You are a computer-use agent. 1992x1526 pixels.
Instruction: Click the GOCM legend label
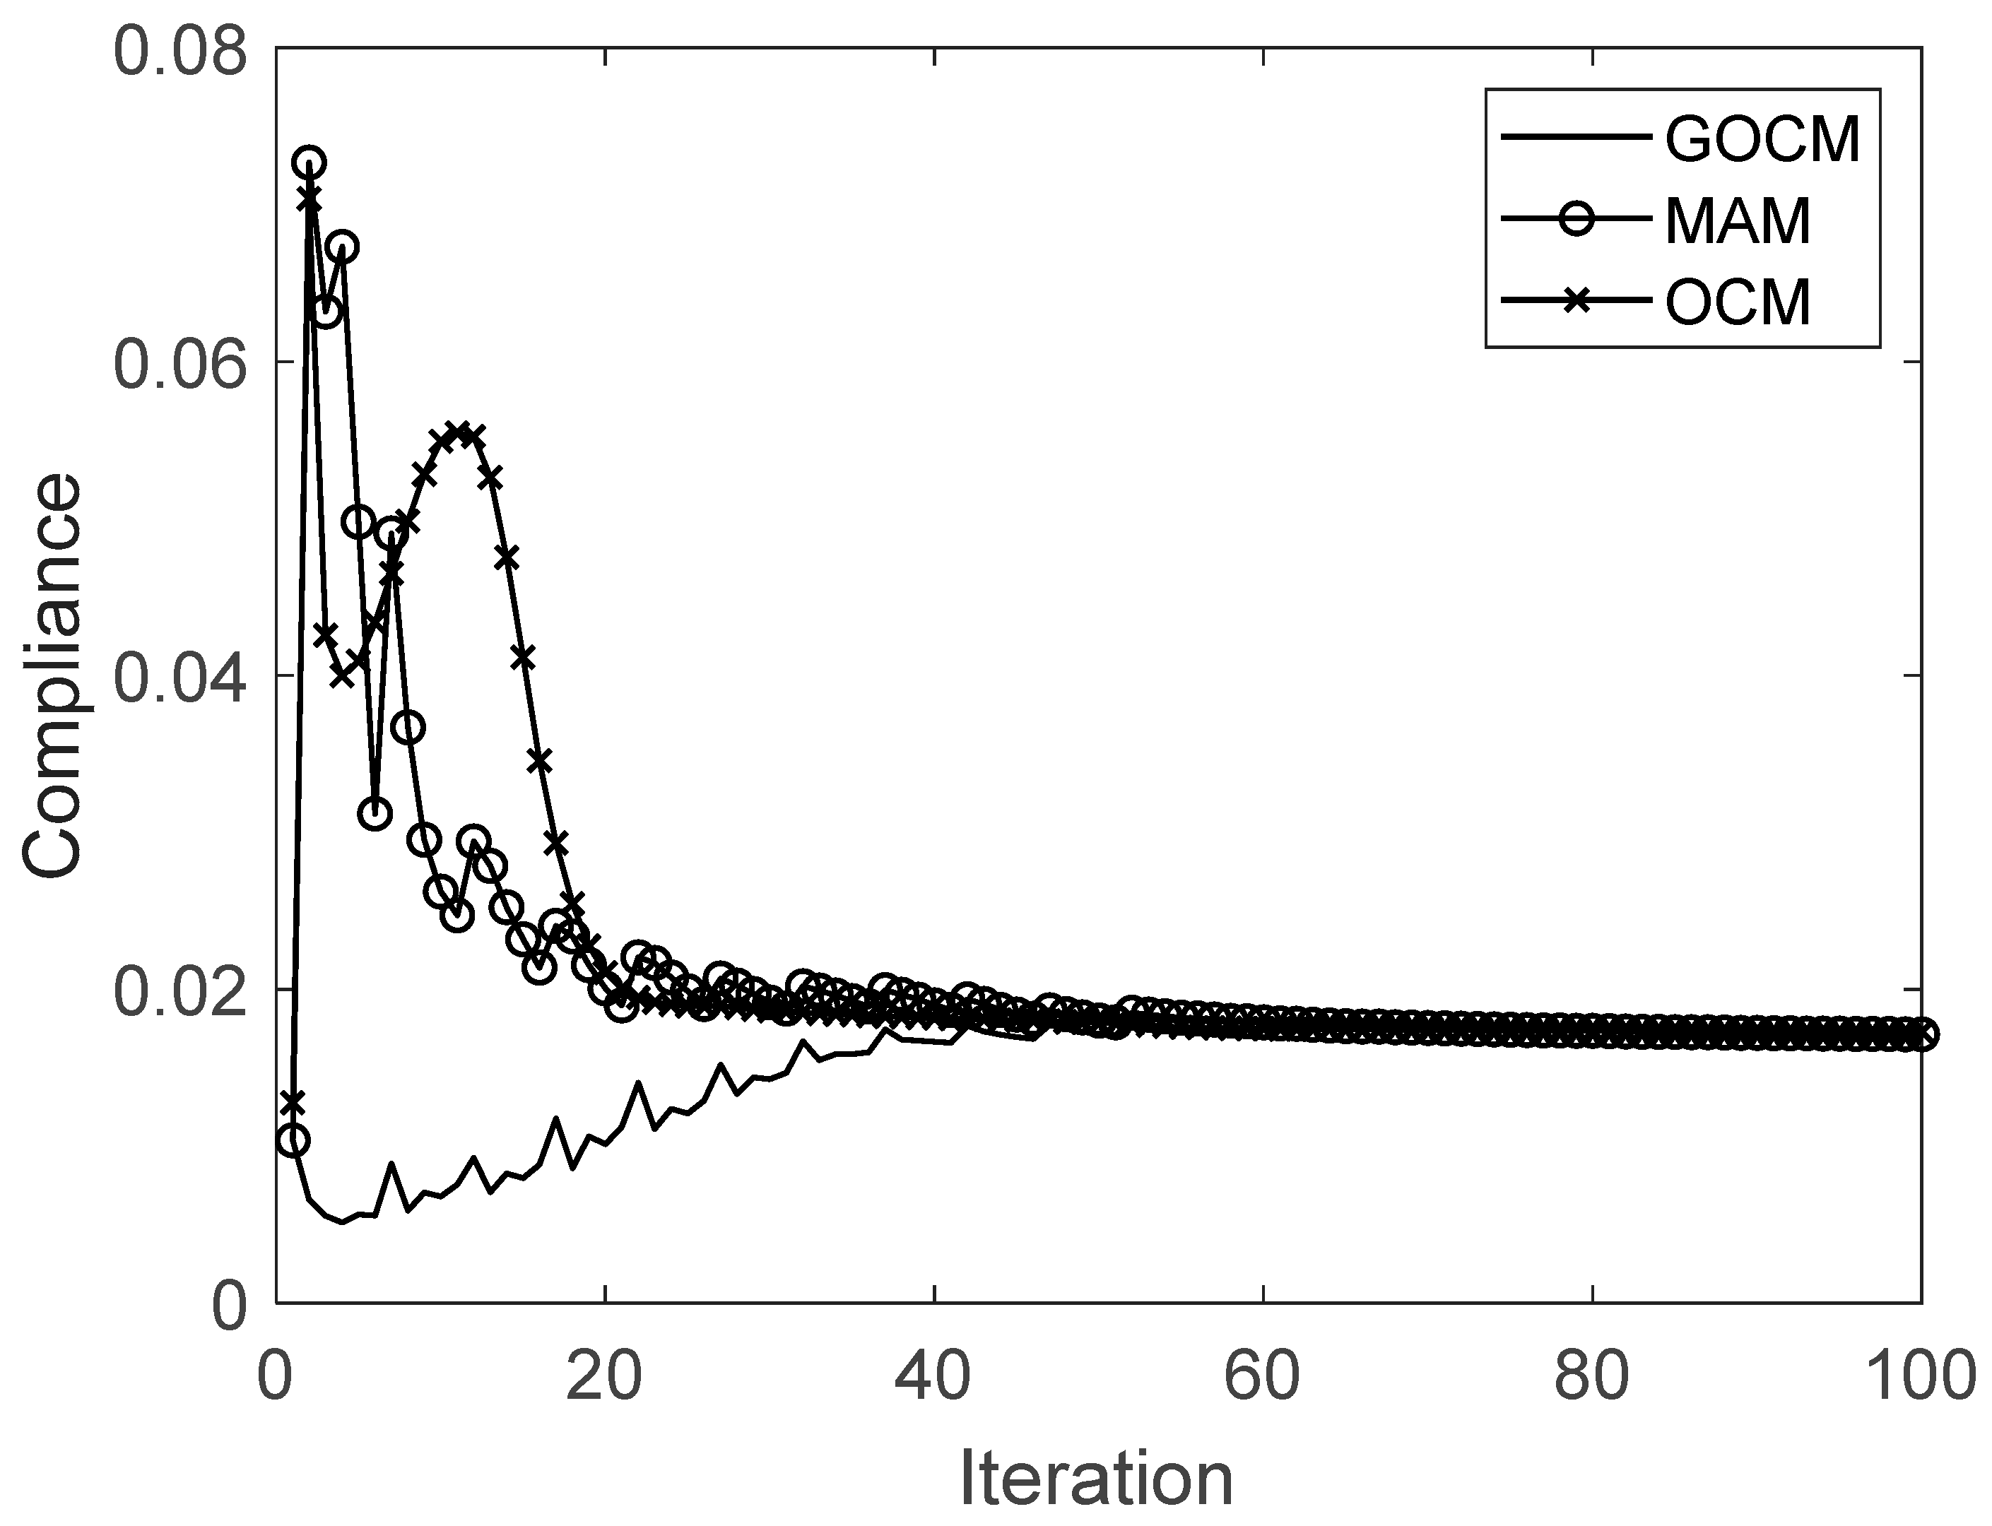click(x=1763, y=139)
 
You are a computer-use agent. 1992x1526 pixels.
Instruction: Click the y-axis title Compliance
click(x=52, y=677)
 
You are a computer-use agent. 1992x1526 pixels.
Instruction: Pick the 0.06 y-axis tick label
click(x=180, y=363)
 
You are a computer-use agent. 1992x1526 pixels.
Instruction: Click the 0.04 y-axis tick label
click(x=180, y=677)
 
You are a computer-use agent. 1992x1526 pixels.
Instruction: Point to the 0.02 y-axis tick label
click(x=180, y=990)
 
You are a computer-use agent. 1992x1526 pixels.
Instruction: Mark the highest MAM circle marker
click(x=309, y=163)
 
